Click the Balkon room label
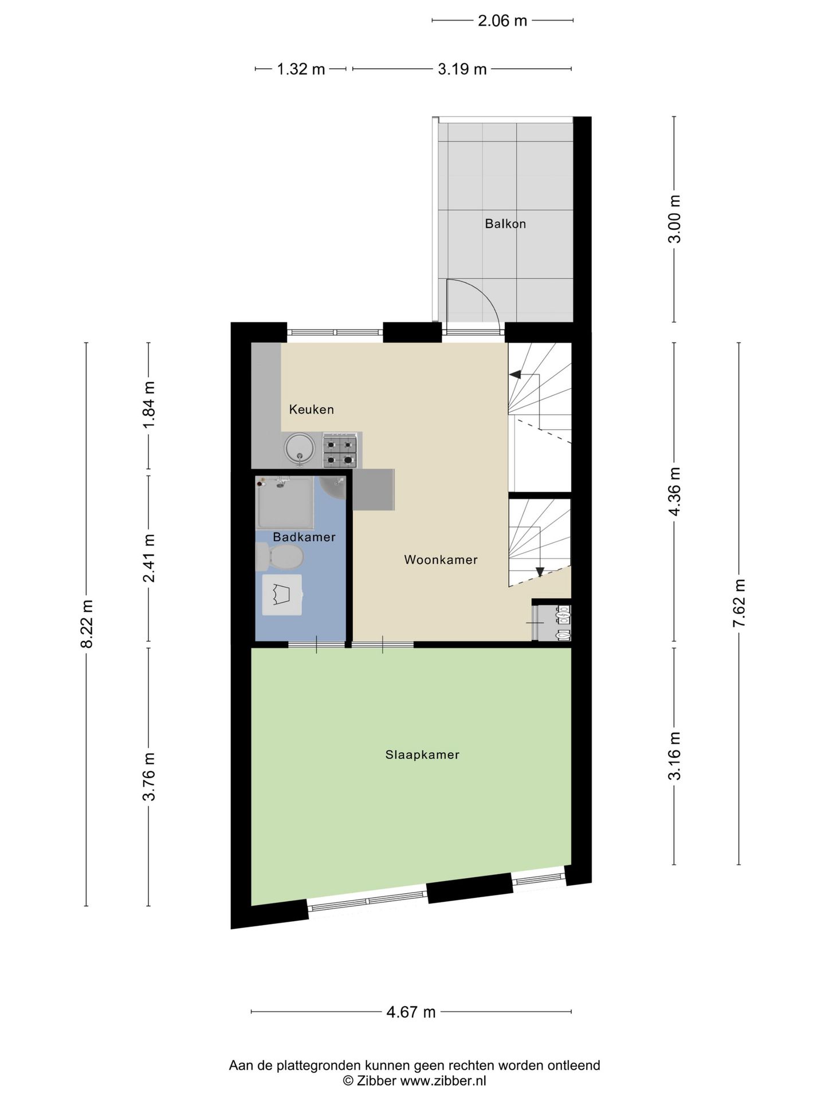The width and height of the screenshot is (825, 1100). pyautogui.click(x=505, y=223)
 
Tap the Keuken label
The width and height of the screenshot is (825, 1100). pyautogui.click(x=311, y=409)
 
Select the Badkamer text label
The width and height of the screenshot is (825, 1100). pyautogui.click(x=304, y=537)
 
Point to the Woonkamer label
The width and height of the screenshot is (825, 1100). pyautogui.click(x=441, y=560)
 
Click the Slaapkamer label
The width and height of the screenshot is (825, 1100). pyautogui.click(x=422, y=755)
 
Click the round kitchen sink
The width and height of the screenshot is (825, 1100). pyautogui.click(x=300, y=447)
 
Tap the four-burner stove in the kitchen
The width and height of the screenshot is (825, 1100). pyautogui.click(x=340, y=451)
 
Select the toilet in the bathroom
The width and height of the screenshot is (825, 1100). pyautogui.click(x=280, y=557)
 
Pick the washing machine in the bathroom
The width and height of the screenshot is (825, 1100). pyautogui.click(x=282, y=595)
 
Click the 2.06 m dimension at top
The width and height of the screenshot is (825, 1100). pyautogui.click(x=502, y=21)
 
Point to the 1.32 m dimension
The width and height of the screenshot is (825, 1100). pyautogui.click(x=301, y=69)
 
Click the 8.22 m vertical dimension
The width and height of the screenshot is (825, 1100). pyautogui.click(x=87, y=624)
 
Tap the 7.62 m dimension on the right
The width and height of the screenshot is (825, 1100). pyautogui.click(x=739, y=603)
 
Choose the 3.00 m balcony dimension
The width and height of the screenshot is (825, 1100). pyautogui.click(x=674, y=219)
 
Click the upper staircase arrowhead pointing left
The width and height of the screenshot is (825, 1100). pyautogui.click(x=514, y=375)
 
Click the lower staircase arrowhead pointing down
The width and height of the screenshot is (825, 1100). pyautogui.click(x=540, y=572)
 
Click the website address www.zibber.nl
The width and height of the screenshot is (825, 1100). pyautogui.click(x=443, y=1081)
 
